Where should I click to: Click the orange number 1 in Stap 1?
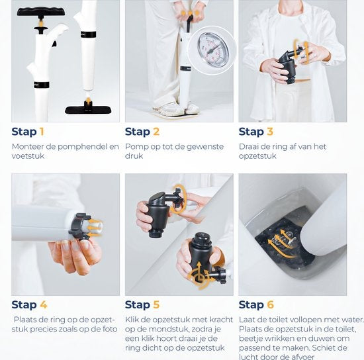click(41, 132)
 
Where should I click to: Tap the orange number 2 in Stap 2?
click(156, 132)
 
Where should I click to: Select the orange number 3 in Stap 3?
click(269, 132)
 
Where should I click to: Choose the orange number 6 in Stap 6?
click(269, 305)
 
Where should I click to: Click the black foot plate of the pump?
click(88, 107)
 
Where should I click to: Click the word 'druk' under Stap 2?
click(134, 157)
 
